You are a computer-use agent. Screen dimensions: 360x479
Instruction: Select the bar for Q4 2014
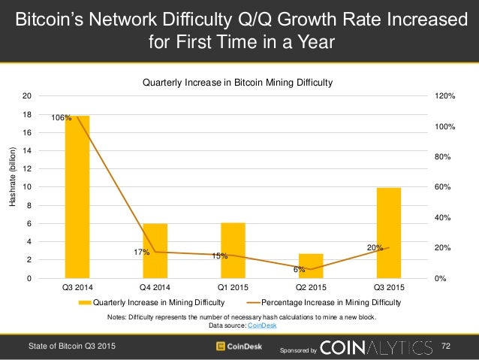tap(155, 251)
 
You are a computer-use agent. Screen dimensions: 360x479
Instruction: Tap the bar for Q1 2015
tap(233, 250)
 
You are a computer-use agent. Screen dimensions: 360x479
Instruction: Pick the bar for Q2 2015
tap(311, 266)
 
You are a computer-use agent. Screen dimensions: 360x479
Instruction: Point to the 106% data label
tap(62, 118)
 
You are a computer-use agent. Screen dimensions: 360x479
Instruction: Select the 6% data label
tap(299, 269)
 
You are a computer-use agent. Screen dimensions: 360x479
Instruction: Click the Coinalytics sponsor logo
tap(376, 346)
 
